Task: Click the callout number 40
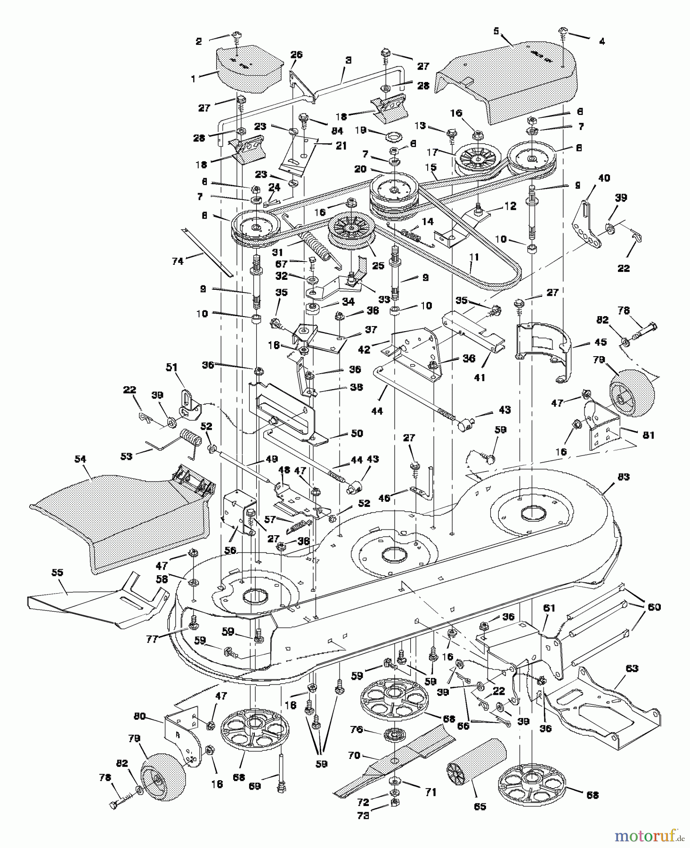pos(604,178)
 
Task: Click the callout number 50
pos(357,433)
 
